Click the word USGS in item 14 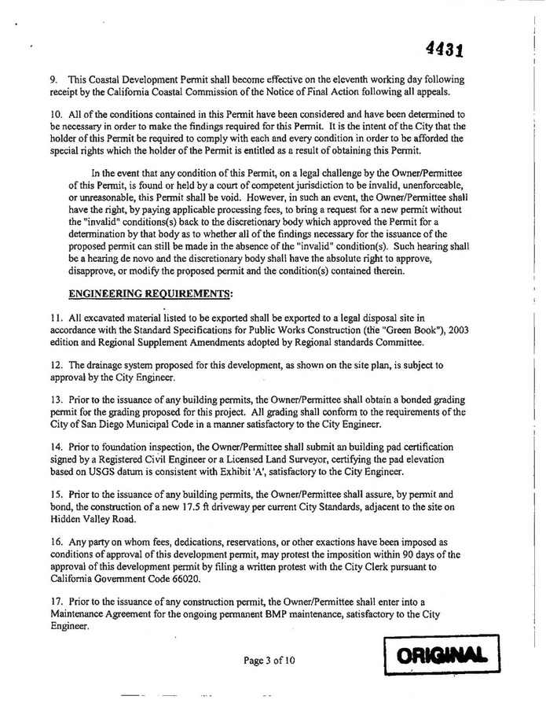(x=100, y=472)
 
